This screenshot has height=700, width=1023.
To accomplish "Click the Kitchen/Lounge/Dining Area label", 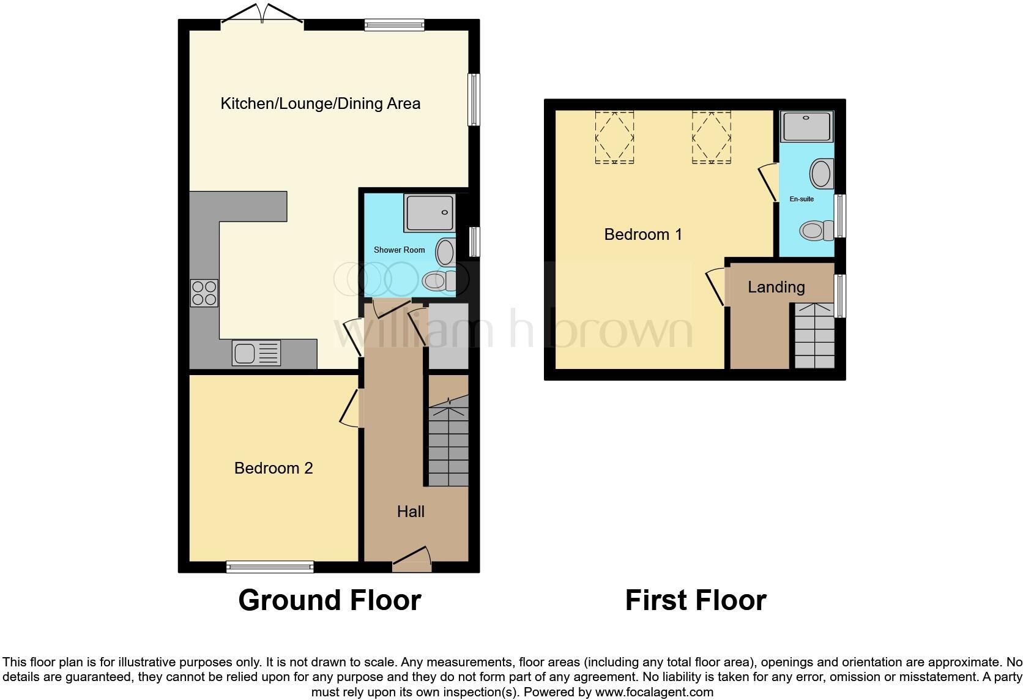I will point(320,103).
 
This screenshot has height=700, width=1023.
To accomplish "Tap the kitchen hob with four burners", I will point(204,292).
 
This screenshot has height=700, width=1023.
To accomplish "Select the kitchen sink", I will point(256,353).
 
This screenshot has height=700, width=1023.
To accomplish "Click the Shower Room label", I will point(399,250).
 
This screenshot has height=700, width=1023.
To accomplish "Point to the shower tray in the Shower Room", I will point(429,213).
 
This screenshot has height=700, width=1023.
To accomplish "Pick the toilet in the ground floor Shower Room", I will point(439,281).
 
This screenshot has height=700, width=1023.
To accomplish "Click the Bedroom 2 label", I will point(273,468).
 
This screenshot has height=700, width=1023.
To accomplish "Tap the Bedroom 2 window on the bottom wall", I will point(270,567).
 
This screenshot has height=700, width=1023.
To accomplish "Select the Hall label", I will point(411,512).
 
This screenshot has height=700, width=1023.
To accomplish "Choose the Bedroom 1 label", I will point(643,234).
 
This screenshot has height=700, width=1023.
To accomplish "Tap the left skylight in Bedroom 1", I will point(614,137).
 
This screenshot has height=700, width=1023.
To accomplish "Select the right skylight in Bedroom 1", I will point(712,137).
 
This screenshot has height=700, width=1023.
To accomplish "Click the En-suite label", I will point(802,199).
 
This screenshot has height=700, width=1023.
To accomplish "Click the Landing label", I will point(776,287).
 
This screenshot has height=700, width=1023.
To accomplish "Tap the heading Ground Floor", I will point(330,600).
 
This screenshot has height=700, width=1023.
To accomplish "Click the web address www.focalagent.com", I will point(654,692).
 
